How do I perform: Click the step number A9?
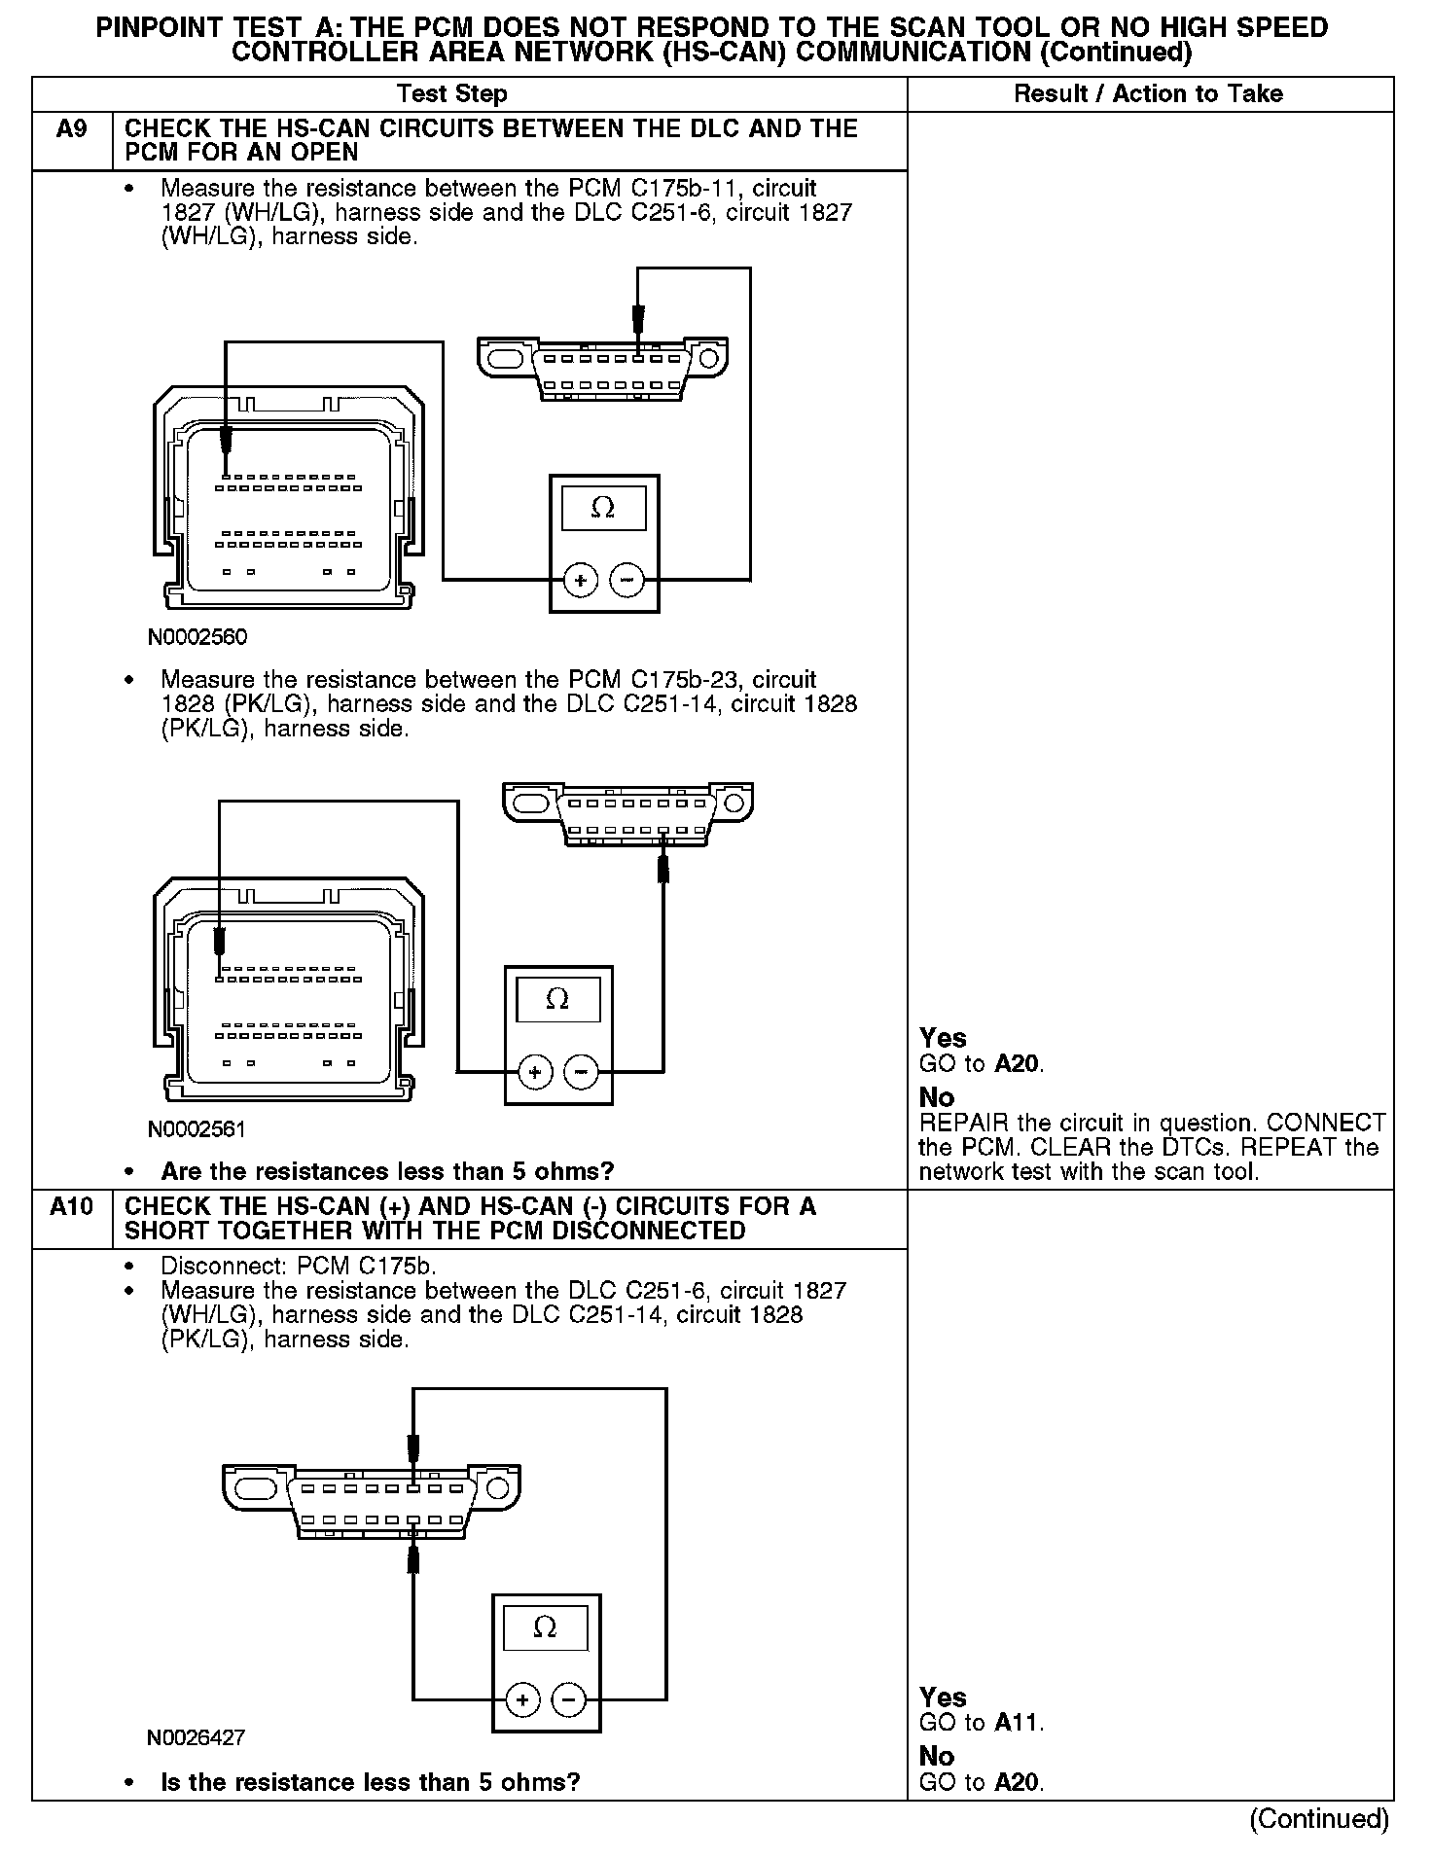click(x=72, y=129)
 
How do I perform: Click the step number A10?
click(x=72, y=1207)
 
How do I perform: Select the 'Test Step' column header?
click(x=451, y=94)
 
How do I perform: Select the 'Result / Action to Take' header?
click(x=1148, y=94)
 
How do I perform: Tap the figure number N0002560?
click(x=197, y=637)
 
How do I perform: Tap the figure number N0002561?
click(x=197, y=1129)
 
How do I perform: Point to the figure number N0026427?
click(x=197, y=1737)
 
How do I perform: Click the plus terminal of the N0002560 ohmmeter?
click(x=581, y=582)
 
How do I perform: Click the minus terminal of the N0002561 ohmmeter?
click(x=581, y=1073)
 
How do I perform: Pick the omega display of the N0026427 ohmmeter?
click(x=545, y=1628)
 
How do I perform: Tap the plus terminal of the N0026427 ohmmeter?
click(x=522, y=1699)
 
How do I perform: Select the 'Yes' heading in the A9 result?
click(x=943, y=1038)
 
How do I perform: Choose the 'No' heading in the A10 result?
click(x=937, y=1756)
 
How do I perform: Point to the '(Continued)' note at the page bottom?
click(x=1318, y=1818)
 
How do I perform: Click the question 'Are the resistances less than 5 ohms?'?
click(x=387, y=1171)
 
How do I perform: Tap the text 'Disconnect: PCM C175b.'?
click(x=299, y=1267)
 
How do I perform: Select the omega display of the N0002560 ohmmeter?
click(x=603, y=508)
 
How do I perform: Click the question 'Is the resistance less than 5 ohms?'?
click(x=370, y=1782)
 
